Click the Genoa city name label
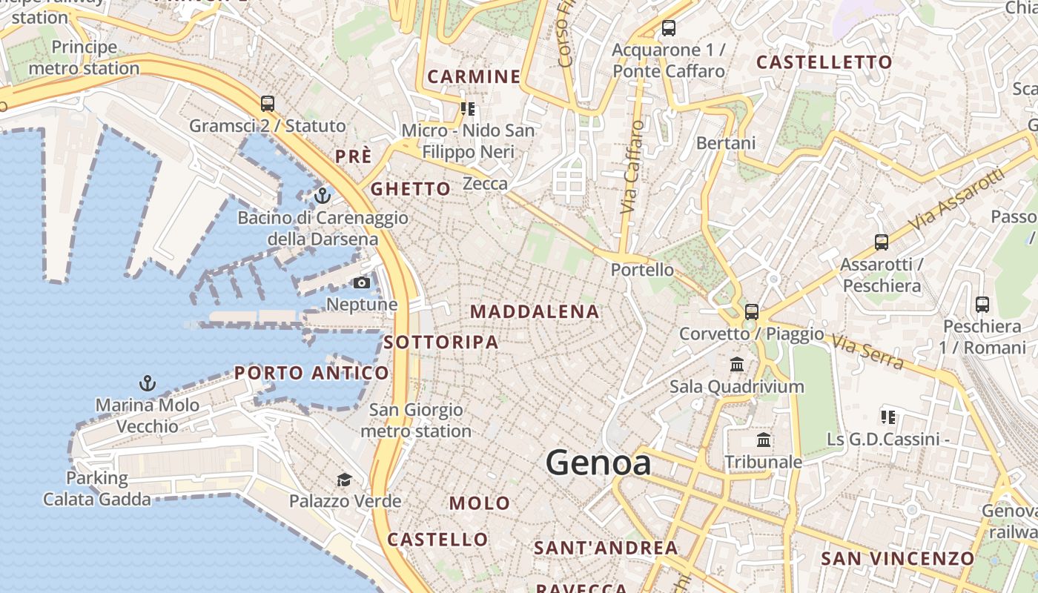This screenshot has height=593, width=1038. tap(598, 463)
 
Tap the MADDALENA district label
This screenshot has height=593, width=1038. tap(534, 312)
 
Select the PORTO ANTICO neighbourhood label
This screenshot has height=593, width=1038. tap(311, 373)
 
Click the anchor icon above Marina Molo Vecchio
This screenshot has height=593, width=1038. tap(148, 383)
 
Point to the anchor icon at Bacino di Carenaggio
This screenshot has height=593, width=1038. tap(322, 196)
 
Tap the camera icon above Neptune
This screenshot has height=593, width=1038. tap(362, 282)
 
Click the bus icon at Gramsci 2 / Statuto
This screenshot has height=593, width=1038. tap(268, 104)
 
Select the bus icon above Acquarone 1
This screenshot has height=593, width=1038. tap(669, 28)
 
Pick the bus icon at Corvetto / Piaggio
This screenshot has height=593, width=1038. tap(752, 312)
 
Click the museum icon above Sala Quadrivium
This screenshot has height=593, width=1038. tap(737, 364)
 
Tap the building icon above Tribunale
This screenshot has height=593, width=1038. tap(764, 440)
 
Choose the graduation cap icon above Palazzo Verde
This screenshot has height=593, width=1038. tap(344, 480)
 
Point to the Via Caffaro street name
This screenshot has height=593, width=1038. tap(630, 168)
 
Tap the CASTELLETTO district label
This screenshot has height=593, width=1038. tap(824, 63)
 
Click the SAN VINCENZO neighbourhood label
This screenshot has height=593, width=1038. tap(897, 558)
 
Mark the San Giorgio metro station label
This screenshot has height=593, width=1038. tap(415, 420)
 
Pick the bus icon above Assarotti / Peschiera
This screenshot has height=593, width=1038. tap(881, 242)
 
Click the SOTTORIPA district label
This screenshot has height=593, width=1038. tap(441, 342)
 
